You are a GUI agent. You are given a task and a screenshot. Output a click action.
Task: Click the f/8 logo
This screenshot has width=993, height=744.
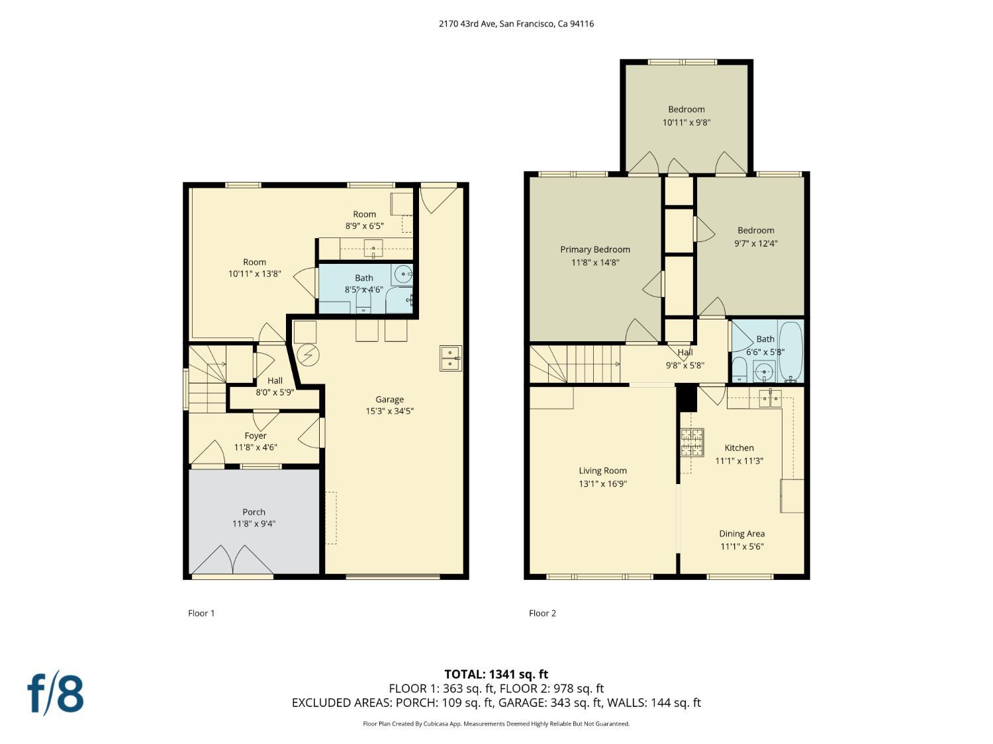pyautogui.click(x=55, y=694)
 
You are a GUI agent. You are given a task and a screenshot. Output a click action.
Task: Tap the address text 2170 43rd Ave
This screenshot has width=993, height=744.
pyautogui.click(x=468, y=24)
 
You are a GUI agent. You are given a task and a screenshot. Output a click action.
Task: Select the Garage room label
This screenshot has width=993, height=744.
pyautogui.click(x=389, y=399)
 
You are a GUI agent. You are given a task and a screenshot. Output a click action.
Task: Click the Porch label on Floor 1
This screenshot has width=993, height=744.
pyautogui.click(x=254, y=512)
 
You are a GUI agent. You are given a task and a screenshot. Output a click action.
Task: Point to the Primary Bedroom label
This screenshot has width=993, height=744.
pyautogui.click(x=595, y=249)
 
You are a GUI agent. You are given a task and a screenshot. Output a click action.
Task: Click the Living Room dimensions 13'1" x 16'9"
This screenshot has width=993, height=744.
pyautogui.click(x=602, y=484)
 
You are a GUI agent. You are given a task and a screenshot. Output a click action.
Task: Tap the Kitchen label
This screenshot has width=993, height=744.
pyautogui.click(x=739, y=448)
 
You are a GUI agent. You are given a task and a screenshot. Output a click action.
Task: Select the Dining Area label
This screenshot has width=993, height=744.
pyautogui.click(x=742, y=534)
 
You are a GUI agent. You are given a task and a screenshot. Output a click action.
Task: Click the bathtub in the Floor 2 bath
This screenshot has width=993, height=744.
pyautogui.click(x=791, y=351)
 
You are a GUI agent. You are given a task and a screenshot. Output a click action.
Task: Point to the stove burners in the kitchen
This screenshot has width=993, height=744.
pyautogui.click(x=692, y=442)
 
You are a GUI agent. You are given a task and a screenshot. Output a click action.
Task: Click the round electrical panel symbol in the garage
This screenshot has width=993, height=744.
pyautogui.click(x=308, y=356)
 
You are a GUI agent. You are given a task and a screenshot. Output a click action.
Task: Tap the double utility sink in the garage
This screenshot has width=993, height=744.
pyautogui.click(x=451, y=358)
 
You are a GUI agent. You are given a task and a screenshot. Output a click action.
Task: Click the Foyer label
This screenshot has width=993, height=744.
pyautogui.click(x=255, y=435)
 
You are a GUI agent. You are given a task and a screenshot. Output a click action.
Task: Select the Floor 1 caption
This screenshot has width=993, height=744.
pyautogui.click(x=201, y=613)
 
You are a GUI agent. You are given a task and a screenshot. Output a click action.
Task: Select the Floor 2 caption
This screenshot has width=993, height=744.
pyautogui.click(x=542, y=613)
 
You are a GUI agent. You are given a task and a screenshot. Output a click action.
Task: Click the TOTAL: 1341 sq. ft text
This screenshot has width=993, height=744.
pyautogui.click(x=496, y=675)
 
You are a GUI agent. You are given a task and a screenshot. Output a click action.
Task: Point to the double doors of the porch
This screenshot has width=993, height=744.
pyautogui.click(x=232, y=560)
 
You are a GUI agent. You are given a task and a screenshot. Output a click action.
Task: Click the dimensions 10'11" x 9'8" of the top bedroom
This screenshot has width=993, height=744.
pyautogui.click(x=686, y=122)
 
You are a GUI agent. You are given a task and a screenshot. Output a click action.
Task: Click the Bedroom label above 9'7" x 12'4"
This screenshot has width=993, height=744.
pyautogui.click(x=755, y=230)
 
